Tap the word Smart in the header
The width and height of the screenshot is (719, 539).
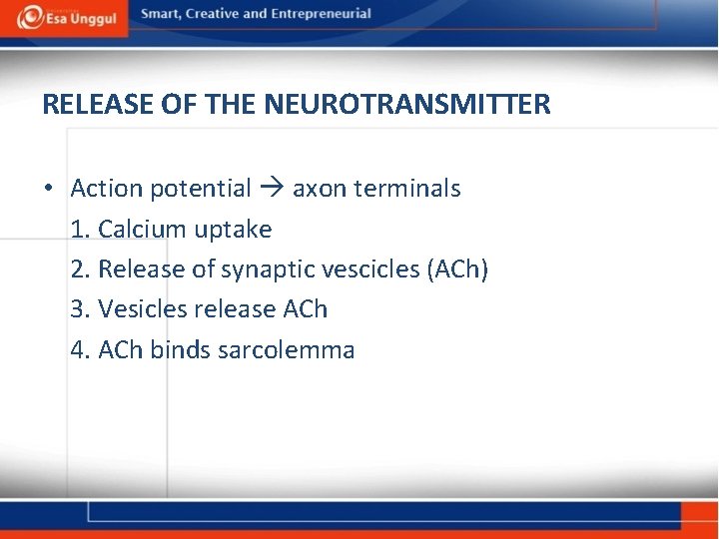[x=162, y=14]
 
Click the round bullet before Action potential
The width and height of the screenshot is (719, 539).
[x=49, y=189]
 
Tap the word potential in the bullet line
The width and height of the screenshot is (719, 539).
[x=203, y=189]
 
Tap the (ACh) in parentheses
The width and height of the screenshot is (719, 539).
[x=456, y=269]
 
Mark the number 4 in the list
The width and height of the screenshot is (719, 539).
[x=78, y=350]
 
